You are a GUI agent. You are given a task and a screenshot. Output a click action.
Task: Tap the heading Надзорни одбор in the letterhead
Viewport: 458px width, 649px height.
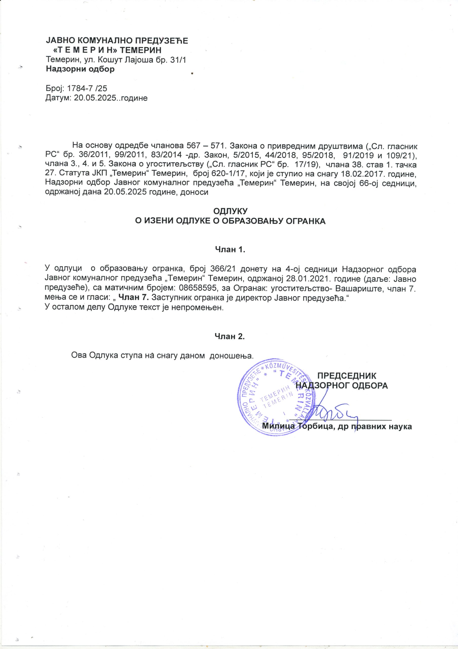[81, 69]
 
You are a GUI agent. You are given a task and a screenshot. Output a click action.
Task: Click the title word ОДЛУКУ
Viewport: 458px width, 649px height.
[230, 211]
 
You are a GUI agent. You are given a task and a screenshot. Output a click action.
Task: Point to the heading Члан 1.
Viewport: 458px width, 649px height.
[230, 250]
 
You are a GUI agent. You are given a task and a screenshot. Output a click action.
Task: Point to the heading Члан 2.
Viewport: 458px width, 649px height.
[230, 336]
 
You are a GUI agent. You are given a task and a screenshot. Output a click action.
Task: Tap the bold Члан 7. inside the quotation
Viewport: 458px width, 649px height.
[133, 298]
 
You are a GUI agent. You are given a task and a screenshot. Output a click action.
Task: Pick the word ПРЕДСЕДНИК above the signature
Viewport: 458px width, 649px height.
[347, 376]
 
